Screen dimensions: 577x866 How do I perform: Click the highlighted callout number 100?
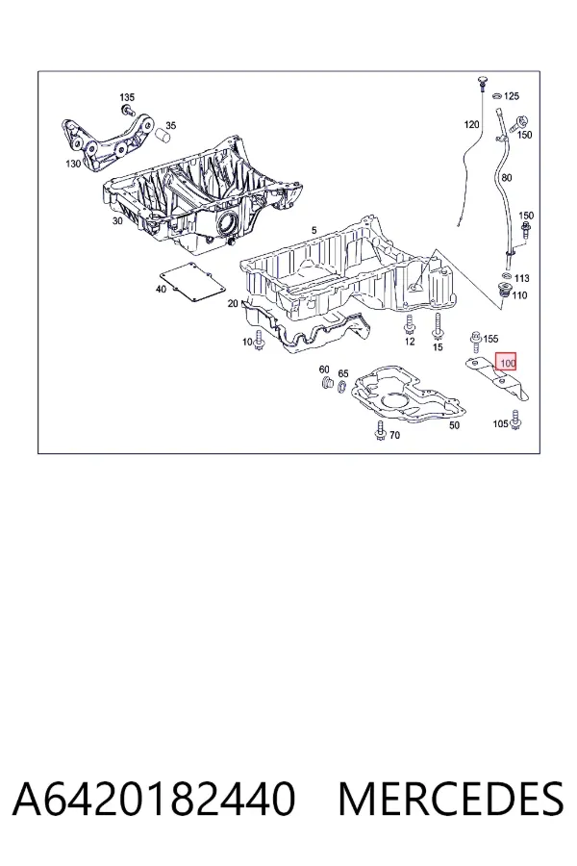point(507,363)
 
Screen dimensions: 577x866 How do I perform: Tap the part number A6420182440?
point(154,799)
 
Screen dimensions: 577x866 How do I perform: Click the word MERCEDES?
point(451,799)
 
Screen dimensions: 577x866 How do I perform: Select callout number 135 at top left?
point(127,98)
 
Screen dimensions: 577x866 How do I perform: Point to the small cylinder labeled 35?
point(162,135)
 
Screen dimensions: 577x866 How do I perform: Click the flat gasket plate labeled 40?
point(192,283)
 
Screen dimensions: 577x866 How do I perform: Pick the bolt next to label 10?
point(261,342)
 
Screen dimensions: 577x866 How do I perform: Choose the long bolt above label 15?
point(438,326)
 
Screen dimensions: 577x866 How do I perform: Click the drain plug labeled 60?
point(325,383)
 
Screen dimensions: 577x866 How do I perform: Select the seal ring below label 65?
point(342,387)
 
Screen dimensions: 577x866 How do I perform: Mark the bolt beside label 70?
point(381,430)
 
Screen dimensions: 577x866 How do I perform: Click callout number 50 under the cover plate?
point(454,425)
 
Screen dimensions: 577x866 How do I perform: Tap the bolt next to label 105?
point(516,420)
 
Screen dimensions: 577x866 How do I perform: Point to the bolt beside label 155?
point(475,342)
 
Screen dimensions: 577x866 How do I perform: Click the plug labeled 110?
point(503,291)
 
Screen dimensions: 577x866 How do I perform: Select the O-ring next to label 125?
point(497,95)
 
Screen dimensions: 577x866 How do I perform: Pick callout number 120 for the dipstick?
point(471,124)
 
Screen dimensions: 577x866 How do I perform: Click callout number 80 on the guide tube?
point(507,177)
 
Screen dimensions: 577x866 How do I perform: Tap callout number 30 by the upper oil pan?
point(117,221)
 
